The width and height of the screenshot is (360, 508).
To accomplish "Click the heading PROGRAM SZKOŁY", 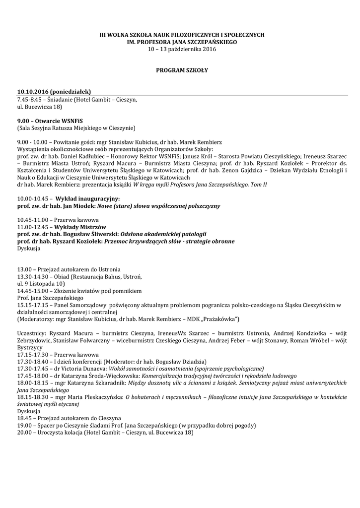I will coord(182,70).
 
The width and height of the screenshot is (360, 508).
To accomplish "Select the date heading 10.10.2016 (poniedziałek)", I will coord(54,92).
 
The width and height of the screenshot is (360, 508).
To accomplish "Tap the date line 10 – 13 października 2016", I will coord(182,50).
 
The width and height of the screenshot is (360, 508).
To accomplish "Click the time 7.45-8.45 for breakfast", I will coord(28,99).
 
